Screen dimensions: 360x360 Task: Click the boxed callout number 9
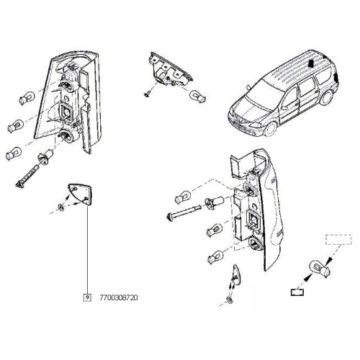coord(87,297)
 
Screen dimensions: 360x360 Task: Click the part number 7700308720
coord(119,298)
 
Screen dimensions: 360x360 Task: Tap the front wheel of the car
coord(271,128)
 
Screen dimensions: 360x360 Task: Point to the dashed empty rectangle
coord(338,240)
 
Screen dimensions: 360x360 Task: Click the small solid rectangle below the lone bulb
coord(297,292)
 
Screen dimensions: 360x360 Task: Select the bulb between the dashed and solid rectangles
coord(318,269)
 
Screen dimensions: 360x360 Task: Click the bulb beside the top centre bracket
coord(198,96)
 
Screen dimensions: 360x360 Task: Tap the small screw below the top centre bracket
coord(148,94)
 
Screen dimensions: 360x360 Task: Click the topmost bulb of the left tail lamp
coord(27,98)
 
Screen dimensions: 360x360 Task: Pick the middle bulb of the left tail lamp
coord(16,125)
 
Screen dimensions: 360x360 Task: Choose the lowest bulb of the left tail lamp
coord(14,153)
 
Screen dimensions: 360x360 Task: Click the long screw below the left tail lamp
coord(28,176)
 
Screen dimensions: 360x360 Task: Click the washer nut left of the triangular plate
coord(61,207)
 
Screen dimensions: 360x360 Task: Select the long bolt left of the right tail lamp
coord(184,211)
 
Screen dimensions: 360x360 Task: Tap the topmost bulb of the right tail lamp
coord(183,197)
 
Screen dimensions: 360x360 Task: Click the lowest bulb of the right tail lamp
coord(215,256)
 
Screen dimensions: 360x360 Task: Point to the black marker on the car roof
coord(310,63)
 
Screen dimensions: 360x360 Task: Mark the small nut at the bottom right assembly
coord(230,300)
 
